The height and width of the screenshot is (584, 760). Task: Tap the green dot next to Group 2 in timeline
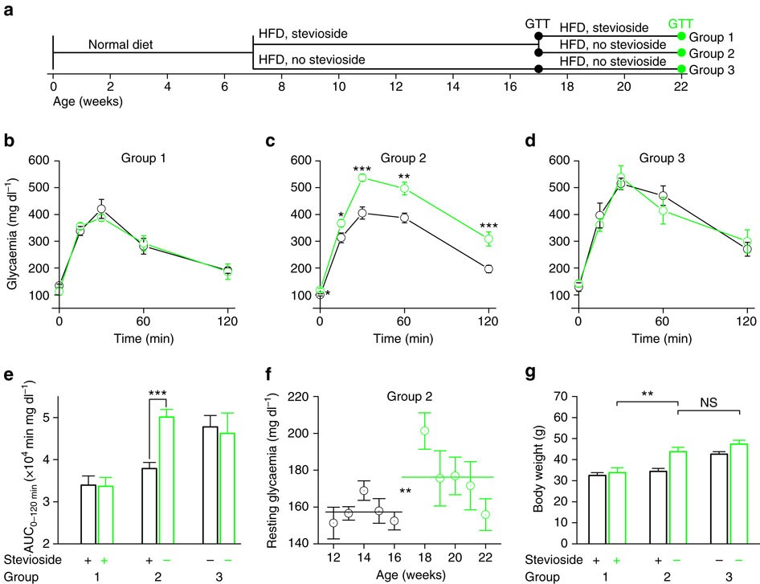(x=682, y=53)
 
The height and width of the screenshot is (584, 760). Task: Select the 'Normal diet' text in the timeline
(x=121, y=44)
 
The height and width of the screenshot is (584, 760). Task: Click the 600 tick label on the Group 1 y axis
(x=32, y=161)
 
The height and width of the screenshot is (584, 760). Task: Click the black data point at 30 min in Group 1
(x=102, y=209)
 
